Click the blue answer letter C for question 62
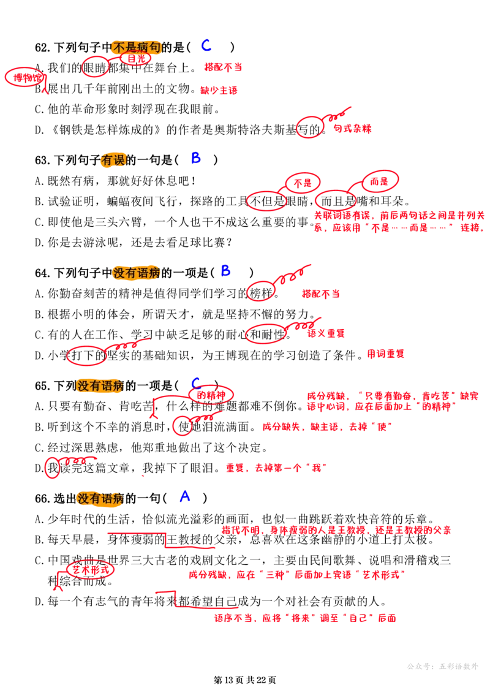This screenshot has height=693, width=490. [206, 45]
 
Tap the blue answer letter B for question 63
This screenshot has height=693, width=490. [196, 158]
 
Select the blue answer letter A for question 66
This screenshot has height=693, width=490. [185, 496]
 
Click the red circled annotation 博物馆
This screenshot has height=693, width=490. [26, 78]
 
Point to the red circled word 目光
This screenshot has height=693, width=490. [135, 58]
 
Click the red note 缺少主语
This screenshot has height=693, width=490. [219, 91]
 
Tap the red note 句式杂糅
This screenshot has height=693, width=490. [353, 129]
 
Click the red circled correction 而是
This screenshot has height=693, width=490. [379, 181]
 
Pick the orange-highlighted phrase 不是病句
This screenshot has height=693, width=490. [136, 47]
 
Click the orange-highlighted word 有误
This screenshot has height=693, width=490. [113, 160]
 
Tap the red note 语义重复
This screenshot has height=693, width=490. [326, 333]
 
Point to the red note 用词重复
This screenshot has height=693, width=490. [386, 354]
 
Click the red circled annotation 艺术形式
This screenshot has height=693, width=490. [90, 570]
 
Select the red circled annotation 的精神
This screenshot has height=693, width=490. [211, 395]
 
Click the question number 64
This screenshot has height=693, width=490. [42, 273]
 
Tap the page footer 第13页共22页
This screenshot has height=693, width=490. [245, 680]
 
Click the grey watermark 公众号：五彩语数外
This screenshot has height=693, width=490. [443, 667]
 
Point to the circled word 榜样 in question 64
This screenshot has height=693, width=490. [262, 293]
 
